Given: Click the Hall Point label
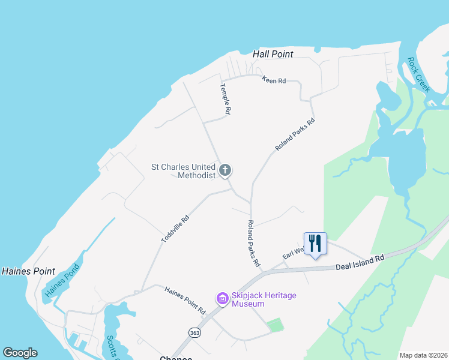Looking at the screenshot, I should [x=273, y=54].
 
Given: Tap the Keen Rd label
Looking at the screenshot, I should [x=274, y=80].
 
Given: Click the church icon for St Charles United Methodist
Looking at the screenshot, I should [x=225, y=170].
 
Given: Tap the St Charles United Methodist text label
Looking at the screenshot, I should [x=183, y=171].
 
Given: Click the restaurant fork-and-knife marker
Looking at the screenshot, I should [x=315, y=243].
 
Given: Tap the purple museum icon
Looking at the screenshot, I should [x=222, y=298].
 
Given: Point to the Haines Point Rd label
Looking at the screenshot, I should [x=185, y=300].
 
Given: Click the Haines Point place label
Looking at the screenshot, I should [x=28, y=271].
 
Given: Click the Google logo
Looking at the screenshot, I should [x=20, y=353].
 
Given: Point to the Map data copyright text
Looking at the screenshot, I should [x=423, y=355].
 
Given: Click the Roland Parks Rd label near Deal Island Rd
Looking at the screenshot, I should [x=253, y=243].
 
